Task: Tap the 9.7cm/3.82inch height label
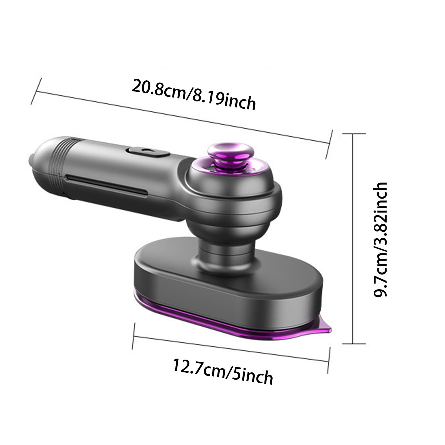pyautogui.click(x=380, y=240)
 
